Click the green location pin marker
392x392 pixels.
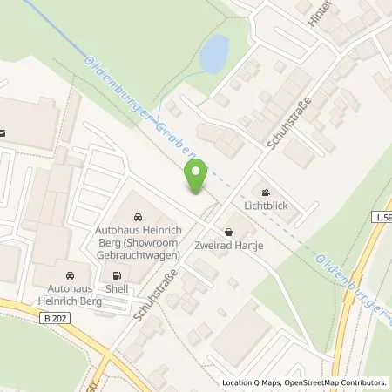(x=195, y=177)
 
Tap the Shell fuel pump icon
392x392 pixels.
(x=116, y=276)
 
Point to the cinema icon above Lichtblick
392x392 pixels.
(x=265, y=193)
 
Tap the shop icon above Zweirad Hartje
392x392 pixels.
(x=228, y=233)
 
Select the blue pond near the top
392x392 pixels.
(x=213, y=55)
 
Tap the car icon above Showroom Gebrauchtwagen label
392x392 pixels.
(x=138, y=216)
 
